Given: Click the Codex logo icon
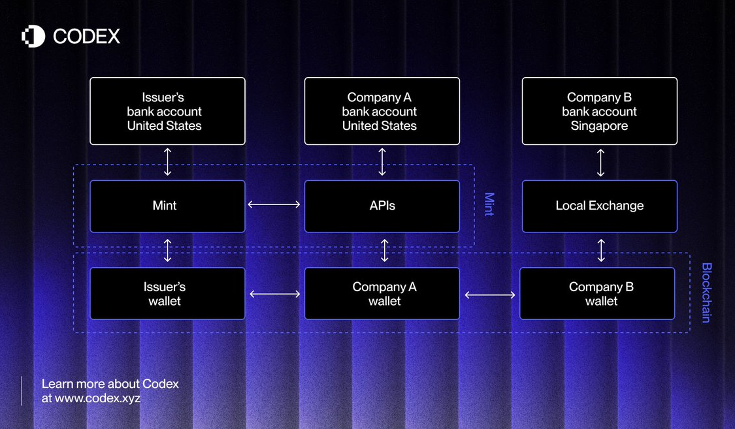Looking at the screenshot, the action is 33,36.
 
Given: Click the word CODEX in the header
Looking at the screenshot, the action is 87,37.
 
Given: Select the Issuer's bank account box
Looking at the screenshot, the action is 167,111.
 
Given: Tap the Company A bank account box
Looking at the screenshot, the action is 382,111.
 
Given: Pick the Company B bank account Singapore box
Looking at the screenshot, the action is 600,111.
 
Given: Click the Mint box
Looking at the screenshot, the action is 167,206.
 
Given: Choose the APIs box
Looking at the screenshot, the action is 382,206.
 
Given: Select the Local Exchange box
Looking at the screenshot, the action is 600,206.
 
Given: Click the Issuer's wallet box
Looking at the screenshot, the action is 167,294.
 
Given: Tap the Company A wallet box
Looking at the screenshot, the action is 382,294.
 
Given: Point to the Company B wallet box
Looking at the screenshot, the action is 597,294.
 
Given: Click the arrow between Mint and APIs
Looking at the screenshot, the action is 274,204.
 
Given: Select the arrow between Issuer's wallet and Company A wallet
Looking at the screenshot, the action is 274,294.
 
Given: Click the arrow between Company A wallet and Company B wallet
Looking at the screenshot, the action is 490,295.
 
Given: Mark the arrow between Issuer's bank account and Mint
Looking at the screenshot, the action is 167,162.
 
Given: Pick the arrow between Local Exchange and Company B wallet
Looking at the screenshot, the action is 601,251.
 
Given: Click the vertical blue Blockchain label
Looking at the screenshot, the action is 706,293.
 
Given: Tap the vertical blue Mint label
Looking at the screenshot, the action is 489,204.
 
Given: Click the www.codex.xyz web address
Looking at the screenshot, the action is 97,398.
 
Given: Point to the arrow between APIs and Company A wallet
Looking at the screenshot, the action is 384,251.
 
